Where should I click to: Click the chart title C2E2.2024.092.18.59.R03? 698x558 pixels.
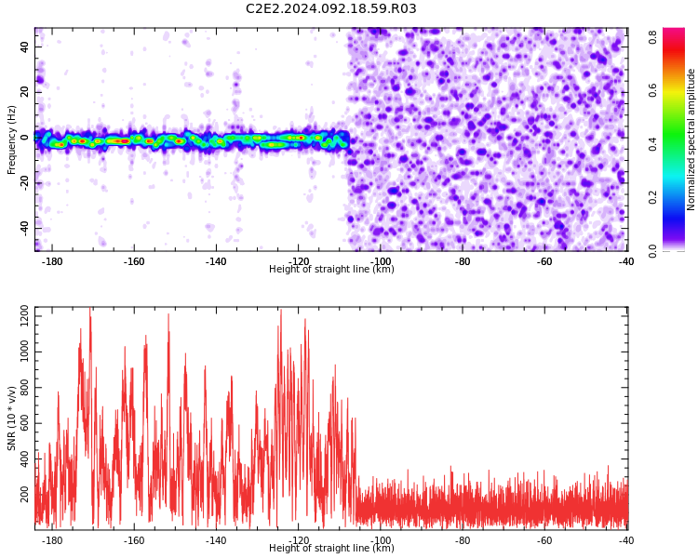click(x=330, y=8)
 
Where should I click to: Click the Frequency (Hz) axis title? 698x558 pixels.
click(x=11, y=140)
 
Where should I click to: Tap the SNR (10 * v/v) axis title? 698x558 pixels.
click(x=11, y=418)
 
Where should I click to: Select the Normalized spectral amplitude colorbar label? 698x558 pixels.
click(x=691, y=139)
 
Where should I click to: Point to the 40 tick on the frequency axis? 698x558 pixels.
click(x=25, y=46)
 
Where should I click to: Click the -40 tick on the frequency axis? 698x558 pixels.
click(x=25, y=228)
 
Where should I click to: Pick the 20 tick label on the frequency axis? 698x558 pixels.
click(x=25, y=92)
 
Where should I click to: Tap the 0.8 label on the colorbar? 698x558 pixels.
click(x=652, y=37)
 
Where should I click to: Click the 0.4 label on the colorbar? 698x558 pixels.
click(x=652, y=144)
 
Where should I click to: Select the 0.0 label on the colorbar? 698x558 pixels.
click(x=652, y=250)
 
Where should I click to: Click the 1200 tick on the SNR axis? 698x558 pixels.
click(x=25, y=316)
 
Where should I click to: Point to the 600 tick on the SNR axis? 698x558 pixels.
click(x=25, y=423)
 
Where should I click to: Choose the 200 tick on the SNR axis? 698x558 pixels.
click(x=25, y=494)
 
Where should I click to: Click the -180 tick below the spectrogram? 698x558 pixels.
click(x=51, y=261)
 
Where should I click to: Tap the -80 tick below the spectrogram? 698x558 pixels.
click(x=462, y=261)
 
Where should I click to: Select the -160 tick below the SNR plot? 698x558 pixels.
click(x=133, y=540)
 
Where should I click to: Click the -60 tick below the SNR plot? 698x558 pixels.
click(x=544, y=540)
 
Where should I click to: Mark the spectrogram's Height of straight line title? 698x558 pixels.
click(x=331, y=269)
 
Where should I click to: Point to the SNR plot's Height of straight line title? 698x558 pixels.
click(x=331, y=548)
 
